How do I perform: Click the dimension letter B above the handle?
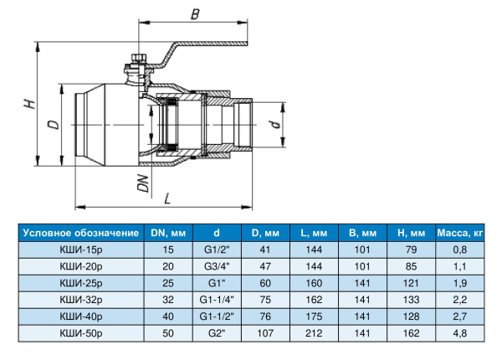pos(195,13)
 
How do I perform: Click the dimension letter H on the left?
pos(28,104)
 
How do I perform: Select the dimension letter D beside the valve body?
pos(53,125)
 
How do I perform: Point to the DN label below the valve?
pos(143,183)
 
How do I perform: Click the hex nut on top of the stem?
pos(140,60)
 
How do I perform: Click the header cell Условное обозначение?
pos(79,233)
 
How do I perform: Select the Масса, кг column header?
pos(460,233)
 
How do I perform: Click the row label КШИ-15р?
pos(79,249)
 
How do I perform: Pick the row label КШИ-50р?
pos(79,333)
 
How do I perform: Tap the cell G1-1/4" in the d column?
pos(216,300)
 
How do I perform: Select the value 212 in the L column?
pos(315,333)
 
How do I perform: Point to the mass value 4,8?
pos(460,333)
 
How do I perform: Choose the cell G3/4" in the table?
pos(216,266)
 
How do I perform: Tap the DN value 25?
pos(169,283)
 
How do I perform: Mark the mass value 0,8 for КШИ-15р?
pos(460,249)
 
